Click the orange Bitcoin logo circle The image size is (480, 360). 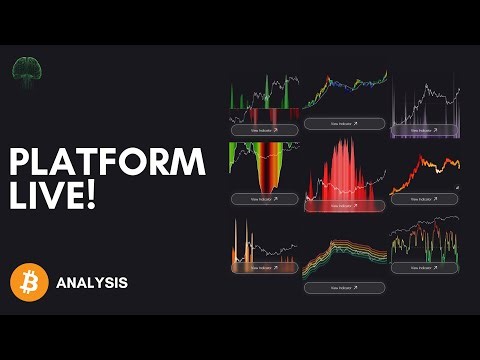point(29,282)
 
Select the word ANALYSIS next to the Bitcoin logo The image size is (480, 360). point(93,283)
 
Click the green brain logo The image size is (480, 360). point(25,70)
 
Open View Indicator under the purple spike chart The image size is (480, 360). point(425,130)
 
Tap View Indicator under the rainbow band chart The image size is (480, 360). point(343,287)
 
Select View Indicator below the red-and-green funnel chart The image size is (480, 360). point(265,198)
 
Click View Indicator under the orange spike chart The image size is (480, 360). point(265,267)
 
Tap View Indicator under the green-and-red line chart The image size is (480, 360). point(425,267)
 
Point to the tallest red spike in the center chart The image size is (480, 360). point(342,150)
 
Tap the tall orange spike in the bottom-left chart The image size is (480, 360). point(239,240)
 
